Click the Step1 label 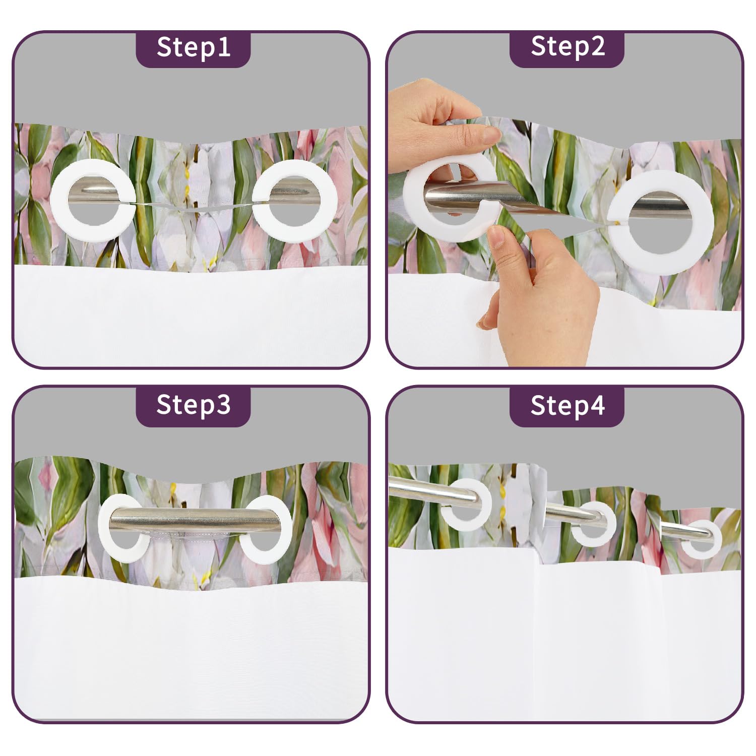(194, 47)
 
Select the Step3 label (194, 404)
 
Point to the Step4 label (568, 405)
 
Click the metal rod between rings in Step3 (195, 520)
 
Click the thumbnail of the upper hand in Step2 (491, 134)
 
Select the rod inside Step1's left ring (93, 195)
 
